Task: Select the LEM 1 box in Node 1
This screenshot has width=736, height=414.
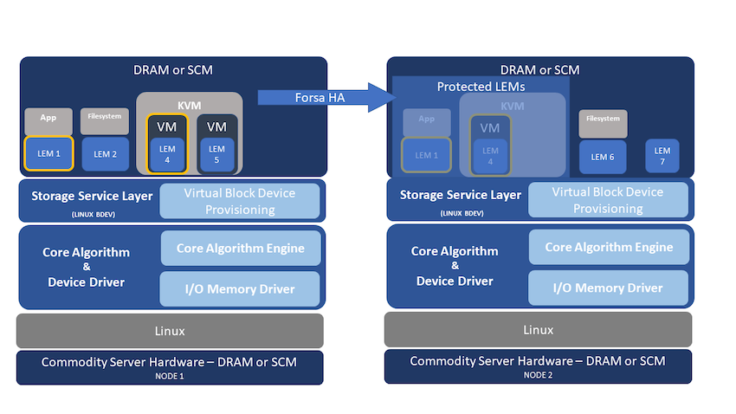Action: tap(48, 153)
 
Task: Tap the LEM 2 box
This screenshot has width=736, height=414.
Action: tap(105, 154)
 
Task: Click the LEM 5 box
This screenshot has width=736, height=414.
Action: tap(216, 153)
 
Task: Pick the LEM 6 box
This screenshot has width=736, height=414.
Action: tap(603, 157)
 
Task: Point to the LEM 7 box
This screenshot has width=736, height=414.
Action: tap(662, 157)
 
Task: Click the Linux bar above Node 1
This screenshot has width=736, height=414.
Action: tap(170, 331)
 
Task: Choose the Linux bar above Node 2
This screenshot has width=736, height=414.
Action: tap(538, 330)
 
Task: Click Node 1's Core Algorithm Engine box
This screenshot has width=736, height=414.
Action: tap(240, 249)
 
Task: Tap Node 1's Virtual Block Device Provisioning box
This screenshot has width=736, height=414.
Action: tap(240, 201)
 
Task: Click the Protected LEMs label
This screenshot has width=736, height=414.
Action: tap(481, 87)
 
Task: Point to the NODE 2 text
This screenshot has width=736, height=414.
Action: tap(538, 374)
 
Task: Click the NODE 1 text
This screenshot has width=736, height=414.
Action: tap(170, 374)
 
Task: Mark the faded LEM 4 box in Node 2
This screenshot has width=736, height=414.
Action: tap(490, 154)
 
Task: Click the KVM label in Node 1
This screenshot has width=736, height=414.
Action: tap(189, 104)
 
